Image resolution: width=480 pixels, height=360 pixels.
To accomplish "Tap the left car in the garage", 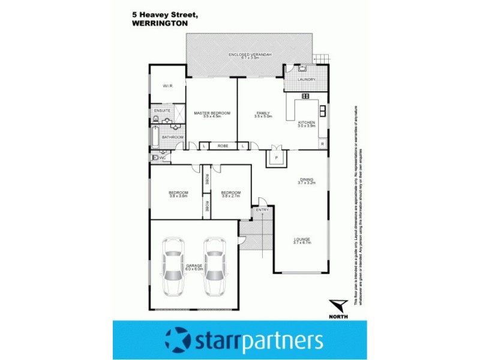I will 174,267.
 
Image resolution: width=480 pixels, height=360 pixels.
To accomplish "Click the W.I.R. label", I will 167,86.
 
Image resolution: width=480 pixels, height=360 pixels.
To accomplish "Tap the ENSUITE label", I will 163,111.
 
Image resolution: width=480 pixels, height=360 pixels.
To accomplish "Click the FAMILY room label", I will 263,114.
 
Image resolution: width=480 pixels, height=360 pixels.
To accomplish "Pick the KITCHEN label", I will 306,123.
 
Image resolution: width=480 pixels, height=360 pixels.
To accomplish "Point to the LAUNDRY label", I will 306,80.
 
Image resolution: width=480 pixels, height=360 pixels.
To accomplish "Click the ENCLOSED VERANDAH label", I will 251,56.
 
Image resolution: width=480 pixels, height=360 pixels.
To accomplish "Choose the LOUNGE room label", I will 301,240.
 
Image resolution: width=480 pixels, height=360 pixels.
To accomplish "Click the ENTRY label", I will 262,210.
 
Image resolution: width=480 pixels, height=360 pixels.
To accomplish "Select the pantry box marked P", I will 276,158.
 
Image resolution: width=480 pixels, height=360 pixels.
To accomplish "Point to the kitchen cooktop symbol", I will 305,95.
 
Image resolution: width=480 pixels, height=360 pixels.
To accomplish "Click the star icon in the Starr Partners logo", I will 178,340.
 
